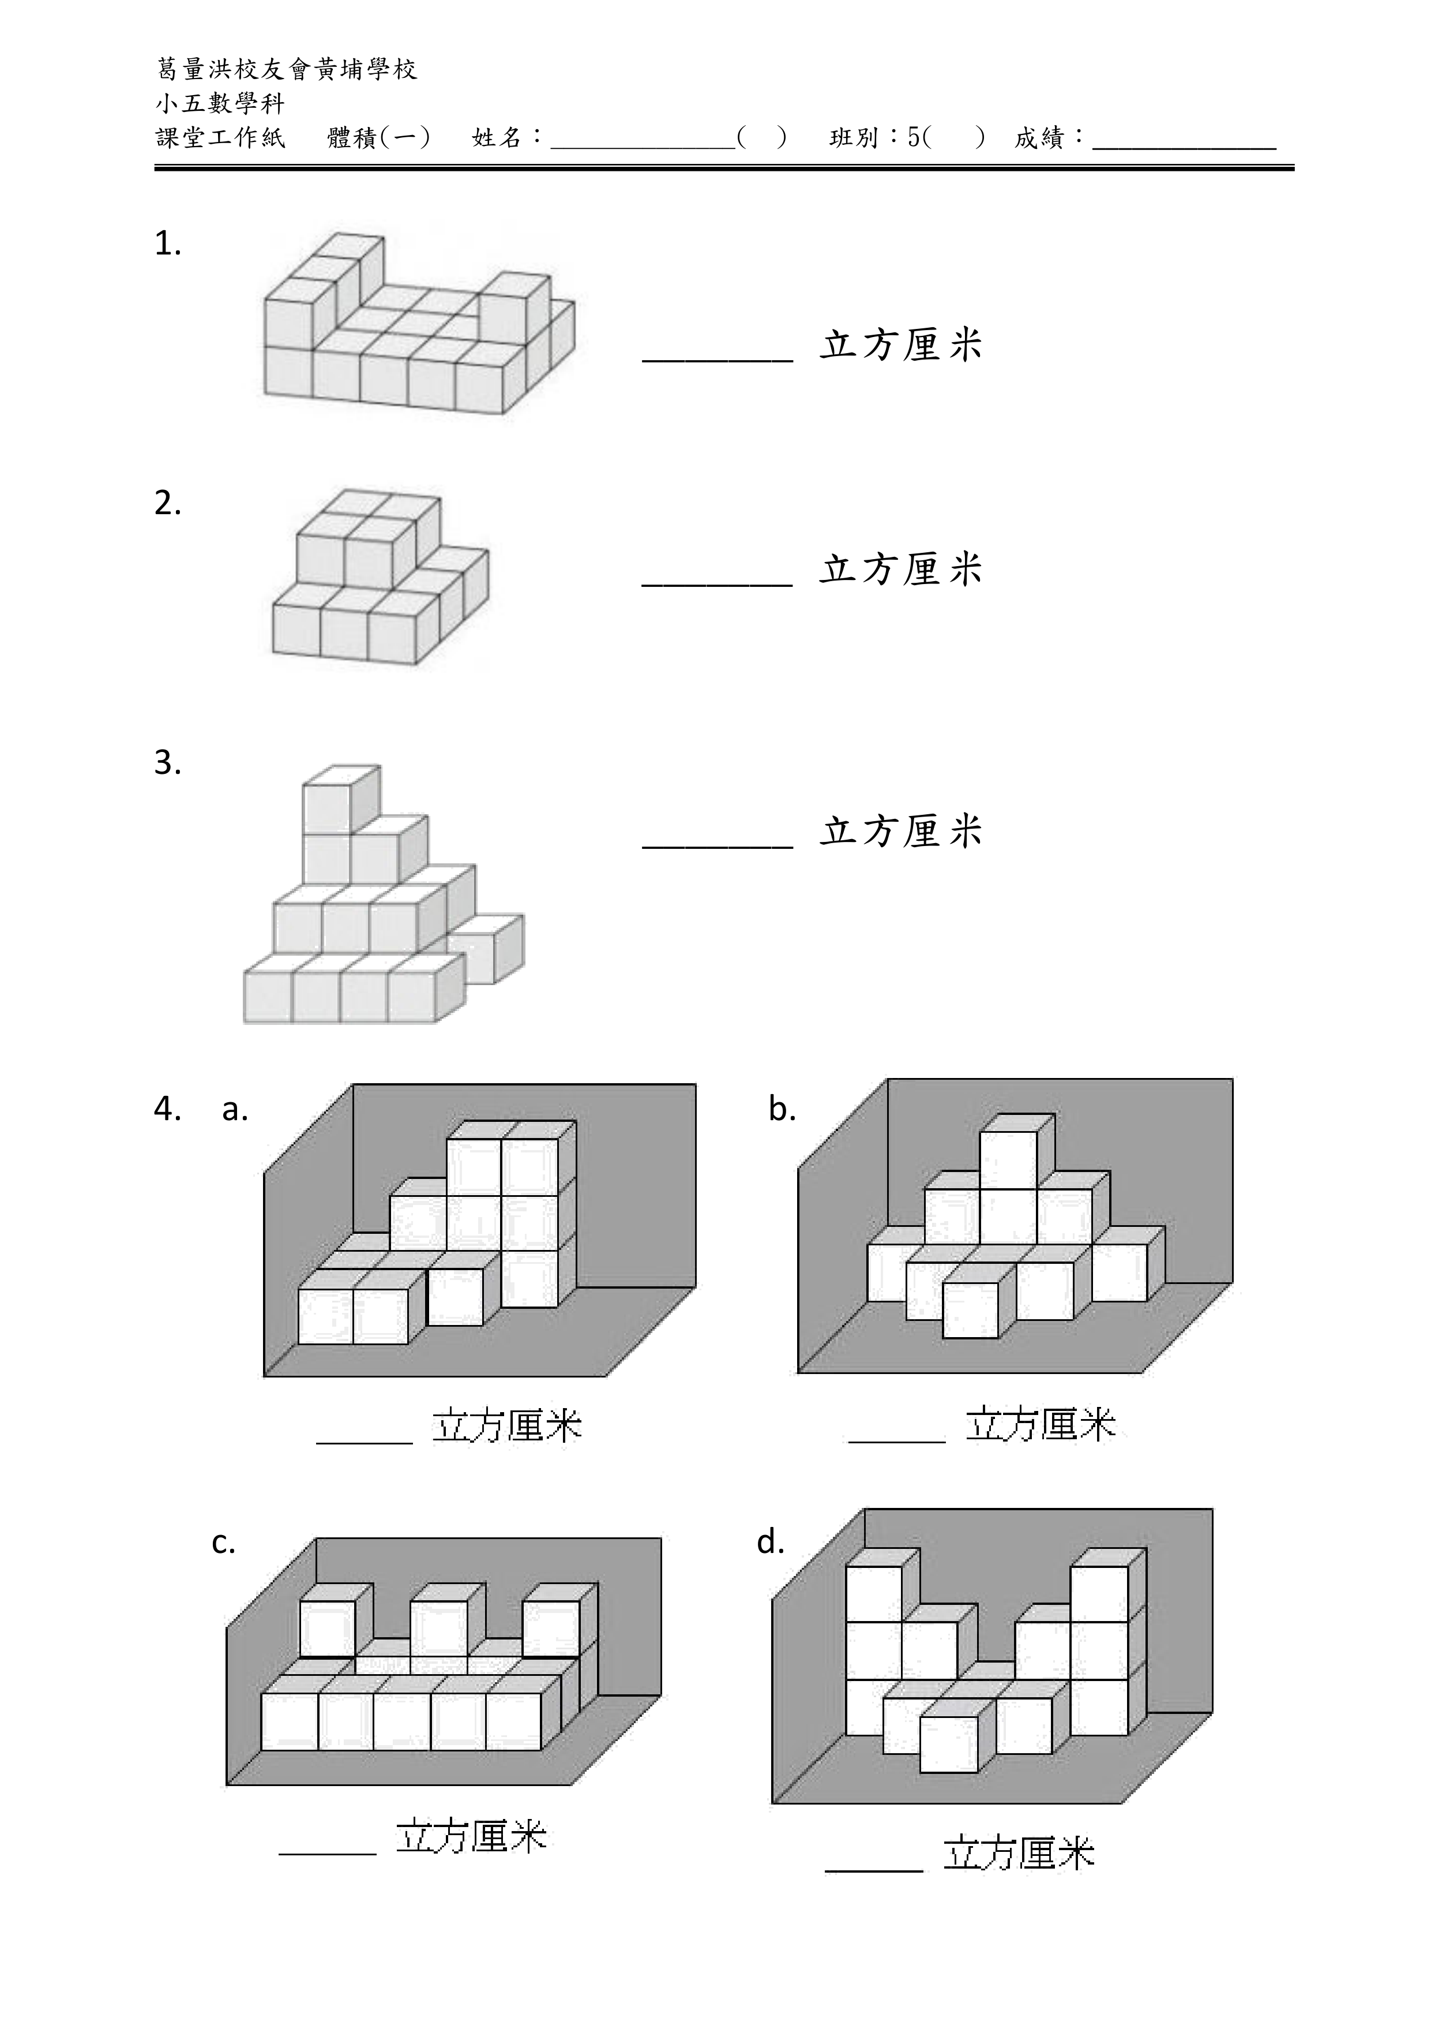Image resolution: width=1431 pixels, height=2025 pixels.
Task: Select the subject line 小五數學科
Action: [x=220, y=103]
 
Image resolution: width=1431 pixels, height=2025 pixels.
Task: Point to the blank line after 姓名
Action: [x=643, y=143]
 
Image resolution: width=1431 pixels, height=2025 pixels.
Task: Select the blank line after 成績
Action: [x=1184, y=143]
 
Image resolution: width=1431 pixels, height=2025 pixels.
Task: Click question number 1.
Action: [x=167, y=244]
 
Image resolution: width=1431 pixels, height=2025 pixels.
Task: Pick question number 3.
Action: [x=167, y=762]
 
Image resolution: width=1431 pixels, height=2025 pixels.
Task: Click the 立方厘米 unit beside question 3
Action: [x=901, y=831]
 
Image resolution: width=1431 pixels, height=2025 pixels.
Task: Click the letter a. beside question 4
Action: [x=235, y=1110]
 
